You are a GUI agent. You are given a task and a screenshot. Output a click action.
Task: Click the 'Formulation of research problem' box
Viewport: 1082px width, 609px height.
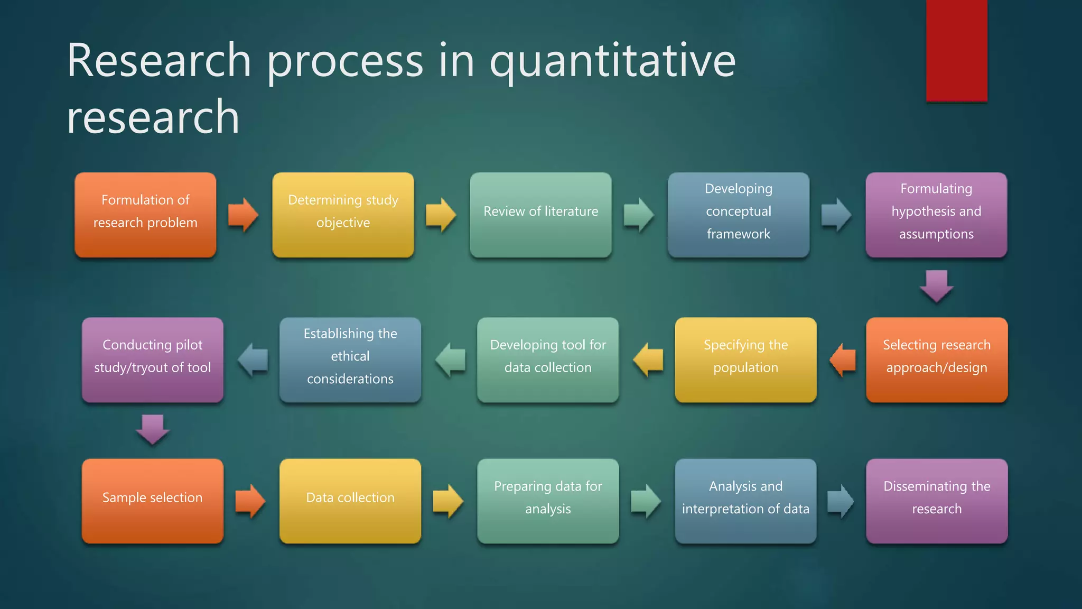coord(145,215)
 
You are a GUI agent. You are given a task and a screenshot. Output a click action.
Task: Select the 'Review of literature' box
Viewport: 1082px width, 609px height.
coord(540,215)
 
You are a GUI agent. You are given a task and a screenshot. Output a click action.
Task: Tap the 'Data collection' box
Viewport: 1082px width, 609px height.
coord(350,501)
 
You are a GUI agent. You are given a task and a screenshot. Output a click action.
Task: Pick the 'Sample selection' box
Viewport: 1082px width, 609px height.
coord(152,501)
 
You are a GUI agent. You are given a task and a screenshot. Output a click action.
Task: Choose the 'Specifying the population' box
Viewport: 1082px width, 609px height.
coord(745,359)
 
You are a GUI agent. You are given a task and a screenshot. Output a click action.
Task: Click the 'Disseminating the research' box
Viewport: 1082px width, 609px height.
coord(937,501)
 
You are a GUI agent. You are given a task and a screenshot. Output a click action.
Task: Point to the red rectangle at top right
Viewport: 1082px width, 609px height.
coord(956,50)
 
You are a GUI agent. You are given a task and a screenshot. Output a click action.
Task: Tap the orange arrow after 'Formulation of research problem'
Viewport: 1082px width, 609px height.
coord(243,215)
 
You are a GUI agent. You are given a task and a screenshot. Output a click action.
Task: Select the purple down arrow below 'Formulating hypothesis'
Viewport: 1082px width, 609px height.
coord(936,286)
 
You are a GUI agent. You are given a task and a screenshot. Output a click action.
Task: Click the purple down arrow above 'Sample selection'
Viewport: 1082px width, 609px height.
coord(152,429)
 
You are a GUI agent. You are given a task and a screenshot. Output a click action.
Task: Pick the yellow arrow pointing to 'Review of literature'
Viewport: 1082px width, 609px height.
coord(441,215)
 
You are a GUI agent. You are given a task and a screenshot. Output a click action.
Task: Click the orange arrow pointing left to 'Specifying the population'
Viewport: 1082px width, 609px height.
coord(843,360)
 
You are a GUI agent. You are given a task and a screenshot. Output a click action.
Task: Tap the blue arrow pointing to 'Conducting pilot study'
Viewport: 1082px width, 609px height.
coord(253,360)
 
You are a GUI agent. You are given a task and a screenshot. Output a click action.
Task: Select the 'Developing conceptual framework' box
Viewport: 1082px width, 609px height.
coord(738,215)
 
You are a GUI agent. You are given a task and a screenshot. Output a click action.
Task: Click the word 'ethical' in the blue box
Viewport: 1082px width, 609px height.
coord(350,356)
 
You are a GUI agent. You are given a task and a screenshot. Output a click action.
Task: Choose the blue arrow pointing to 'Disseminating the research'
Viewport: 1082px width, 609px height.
coord(840,501)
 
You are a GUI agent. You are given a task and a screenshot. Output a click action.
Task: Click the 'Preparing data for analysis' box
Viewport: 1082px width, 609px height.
coord(548,501)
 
